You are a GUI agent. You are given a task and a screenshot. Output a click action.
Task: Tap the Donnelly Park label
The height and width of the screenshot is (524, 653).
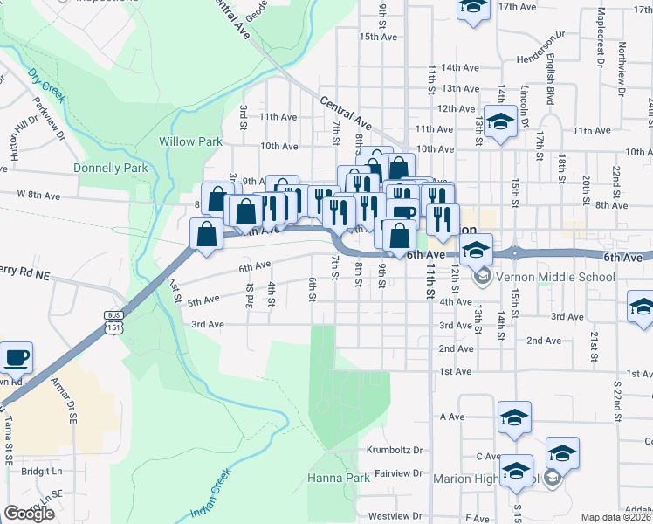[111, 168]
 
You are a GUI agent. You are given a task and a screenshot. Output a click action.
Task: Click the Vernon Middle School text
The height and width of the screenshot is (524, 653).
[555, 278]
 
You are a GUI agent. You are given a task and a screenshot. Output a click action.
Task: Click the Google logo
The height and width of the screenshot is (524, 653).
[29, 514]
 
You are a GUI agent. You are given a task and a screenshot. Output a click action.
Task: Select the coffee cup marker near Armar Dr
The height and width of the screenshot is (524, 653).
[16, 357]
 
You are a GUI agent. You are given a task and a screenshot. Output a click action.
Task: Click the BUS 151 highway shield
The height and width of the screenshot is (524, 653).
[113, 321]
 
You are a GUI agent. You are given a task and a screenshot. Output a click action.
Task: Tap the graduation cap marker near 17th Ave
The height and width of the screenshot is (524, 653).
[473, 9]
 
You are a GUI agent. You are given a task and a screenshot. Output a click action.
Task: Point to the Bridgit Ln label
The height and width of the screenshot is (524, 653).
[42, 471]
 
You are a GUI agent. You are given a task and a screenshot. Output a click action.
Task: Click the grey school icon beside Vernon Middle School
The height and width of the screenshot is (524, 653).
[480, 278]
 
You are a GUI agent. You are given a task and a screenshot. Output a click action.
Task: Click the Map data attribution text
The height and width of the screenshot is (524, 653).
[616, 517]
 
